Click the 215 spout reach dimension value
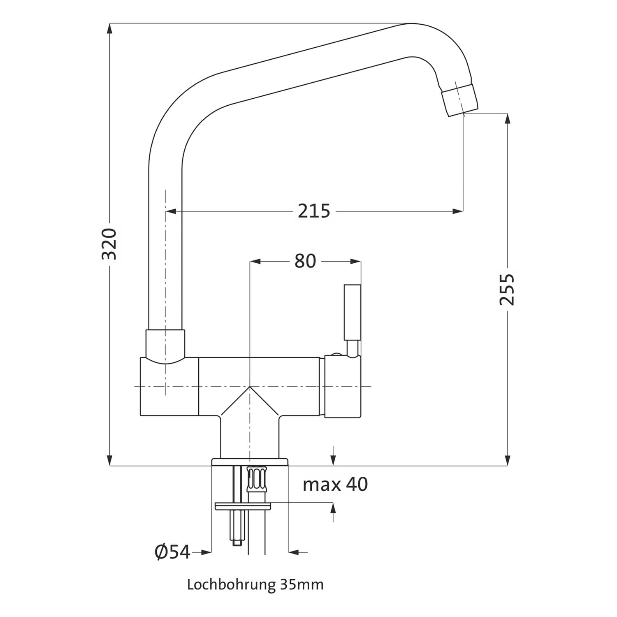tap(314, 211)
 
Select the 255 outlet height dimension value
tap(507, 289)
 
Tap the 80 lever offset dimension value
tap(305, 261)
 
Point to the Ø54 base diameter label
tap(172, 552)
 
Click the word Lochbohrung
tap(231, 585)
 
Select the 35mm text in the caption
tap(301, 585)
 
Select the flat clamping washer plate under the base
tap(244, 506)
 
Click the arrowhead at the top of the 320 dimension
tap(109, 29)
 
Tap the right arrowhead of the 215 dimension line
tap(457, 211)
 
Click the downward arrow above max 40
tap(333, 456)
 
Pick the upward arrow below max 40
tap(333, 513)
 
